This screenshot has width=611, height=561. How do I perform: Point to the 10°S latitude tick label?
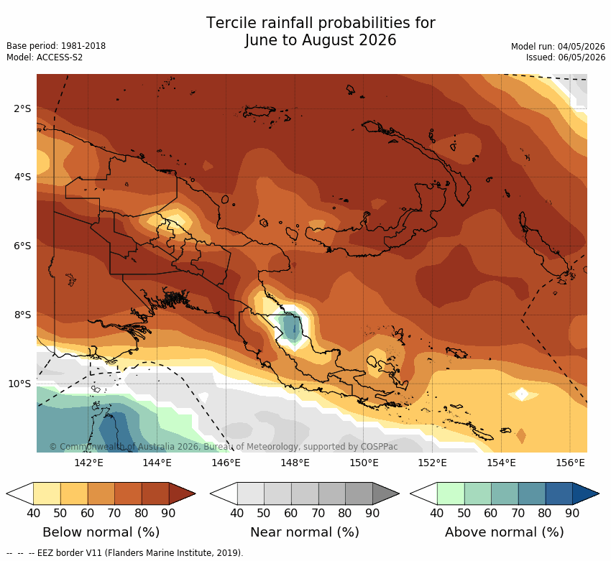19,384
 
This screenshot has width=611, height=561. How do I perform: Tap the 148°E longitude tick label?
294,463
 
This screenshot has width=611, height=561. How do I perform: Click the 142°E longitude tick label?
88,463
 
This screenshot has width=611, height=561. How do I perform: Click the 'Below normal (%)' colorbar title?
101,532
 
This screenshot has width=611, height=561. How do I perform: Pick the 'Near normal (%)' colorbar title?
305,532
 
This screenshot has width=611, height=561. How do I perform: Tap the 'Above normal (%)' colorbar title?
505,532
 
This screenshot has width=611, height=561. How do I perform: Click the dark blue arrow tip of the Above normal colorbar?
599,493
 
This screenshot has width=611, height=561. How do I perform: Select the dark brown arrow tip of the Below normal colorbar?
195,493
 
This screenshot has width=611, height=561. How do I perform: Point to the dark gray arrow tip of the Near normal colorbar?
399,493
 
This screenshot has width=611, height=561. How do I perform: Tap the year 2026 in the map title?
377,40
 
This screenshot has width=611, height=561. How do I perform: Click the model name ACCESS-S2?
60,57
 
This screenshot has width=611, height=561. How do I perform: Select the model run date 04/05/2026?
582,46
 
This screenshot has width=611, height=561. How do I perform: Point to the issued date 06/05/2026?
582,57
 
